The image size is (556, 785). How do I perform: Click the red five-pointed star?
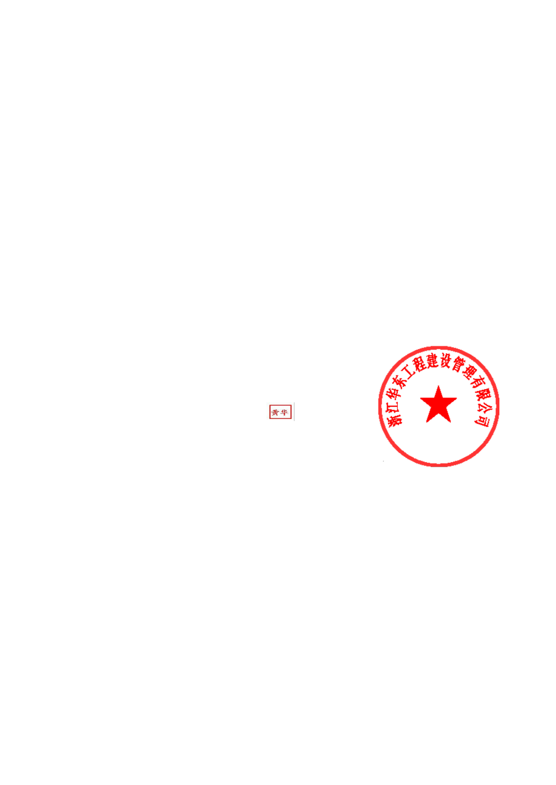438,405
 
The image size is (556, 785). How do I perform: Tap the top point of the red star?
438,386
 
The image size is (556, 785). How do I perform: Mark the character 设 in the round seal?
445,361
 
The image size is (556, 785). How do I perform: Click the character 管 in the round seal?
458,365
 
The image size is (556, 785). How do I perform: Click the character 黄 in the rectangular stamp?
275,412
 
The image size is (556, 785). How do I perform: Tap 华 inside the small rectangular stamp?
284,412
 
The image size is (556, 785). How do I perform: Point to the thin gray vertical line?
294,411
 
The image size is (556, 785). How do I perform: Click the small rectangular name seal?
280,412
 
